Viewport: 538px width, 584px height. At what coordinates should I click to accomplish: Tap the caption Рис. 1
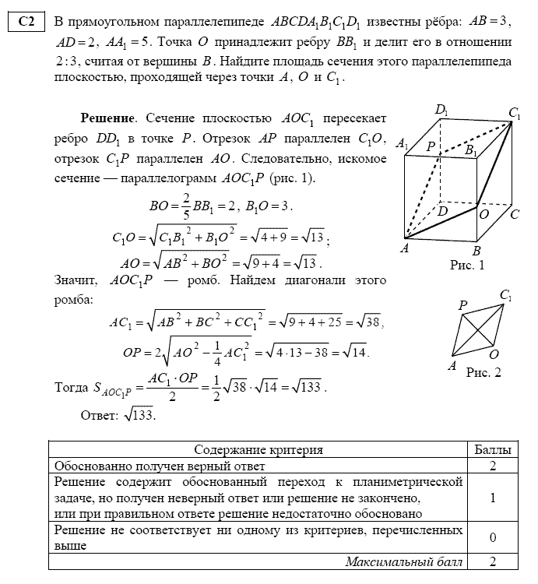pyautogui.click(x=467, y=266)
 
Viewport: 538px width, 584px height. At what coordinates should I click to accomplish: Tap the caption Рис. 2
pyautogui.click(x=483, y=371)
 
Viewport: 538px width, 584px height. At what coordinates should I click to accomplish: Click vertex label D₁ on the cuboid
pyautogui.click(x=441, y=111)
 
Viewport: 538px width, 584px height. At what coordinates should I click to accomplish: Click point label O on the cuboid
pyautogui.click(x=484, y=213)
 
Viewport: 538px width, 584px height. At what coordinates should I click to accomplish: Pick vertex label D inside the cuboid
pyautogui.click(x=442, y=210)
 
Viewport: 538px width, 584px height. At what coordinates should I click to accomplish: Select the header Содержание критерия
pyautogui.click(x=258, y=450)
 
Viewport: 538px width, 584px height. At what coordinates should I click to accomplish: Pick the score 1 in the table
pyautogui.click(x=493, y=498)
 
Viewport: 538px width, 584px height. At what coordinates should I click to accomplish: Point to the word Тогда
pyautogui.click(x=71, y=387)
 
